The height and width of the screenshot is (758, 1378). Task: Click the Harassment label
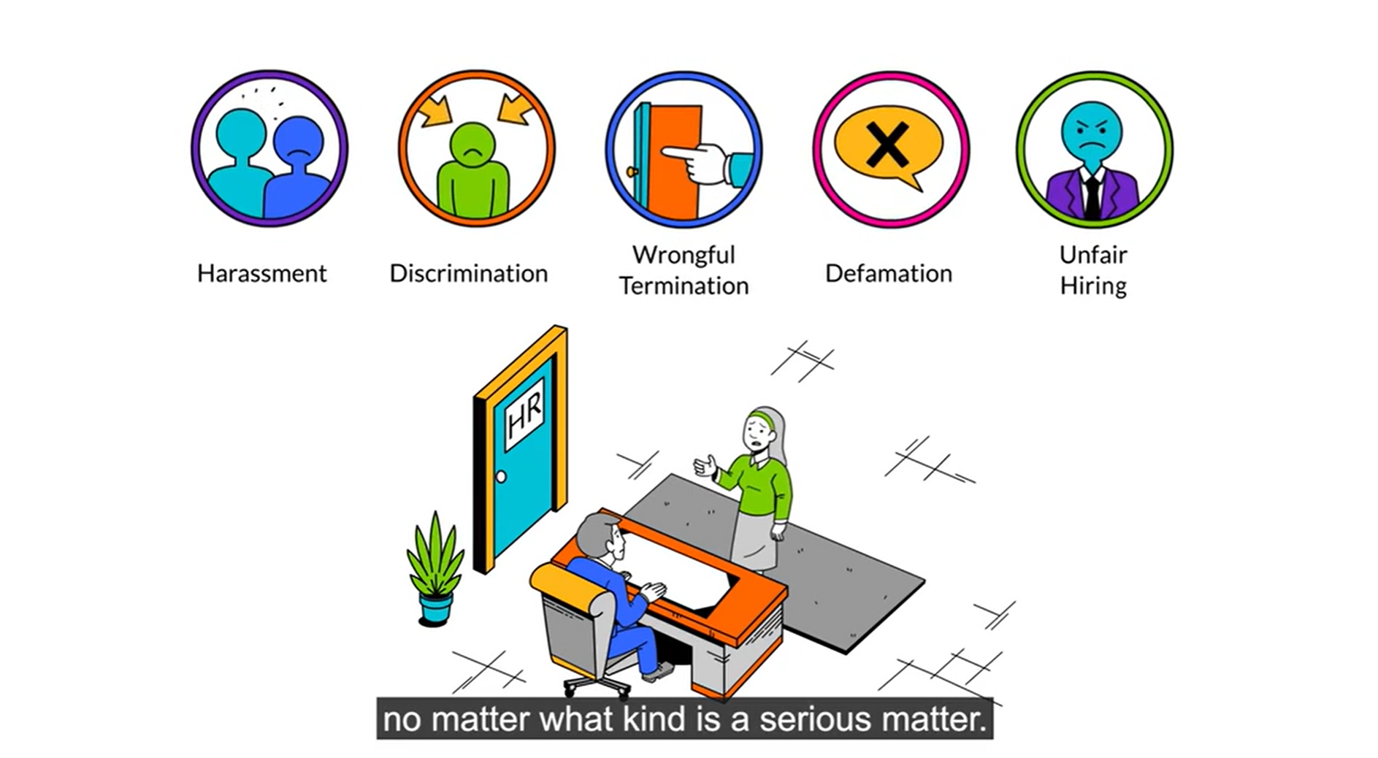click(261, 273)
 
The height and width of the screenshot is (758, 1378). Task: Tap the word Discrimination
click(468, 273)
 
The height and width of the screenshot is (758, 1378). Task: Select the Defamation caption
click(888, 273)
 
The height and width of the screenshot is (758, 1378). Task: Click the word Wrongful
click(684, 255)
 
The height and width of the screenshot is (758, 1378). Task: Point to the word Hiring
click(1093, 286)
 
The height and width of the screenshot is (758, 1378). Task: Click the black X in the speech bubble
click(887, 145)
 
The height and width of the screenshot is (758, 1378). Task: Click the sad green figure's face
click(472, 144)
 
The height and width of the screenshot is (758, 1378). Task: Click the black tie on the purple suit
click(1092, 196)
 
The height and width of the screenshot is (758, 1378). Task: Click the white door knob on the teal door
click(501, 477)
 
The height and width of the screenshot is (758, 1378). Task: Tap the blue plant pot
click(435, 609)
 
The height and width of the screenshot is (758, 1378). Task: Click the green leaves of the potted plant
click(435, 555)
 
